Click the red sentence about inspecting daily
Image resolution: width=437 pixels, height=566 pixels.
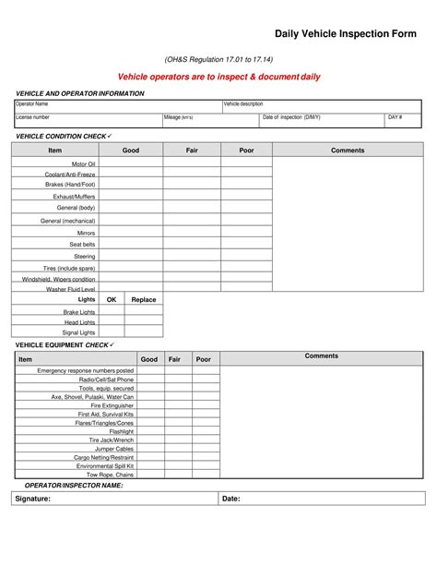point(218,77)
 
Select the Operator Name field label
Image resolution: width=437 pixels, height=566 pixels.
point(31,104)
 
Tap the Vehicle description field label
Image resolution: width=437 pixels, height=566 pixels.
point(243,104)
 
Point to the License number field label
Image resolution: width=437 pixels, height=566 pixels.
point(33,118)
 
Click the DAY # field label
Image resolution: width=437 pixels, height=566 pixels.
point(395,118)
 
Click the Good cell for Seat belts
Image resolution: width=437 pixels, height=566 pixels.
point(131,244)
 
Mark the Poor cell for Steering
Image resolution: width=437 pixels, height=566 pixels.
point(246,256)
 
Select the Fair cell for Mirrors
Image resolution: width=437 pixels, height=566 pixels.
point(192,233)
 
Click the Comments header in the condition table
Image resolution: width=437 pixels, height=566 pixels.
point(348,150)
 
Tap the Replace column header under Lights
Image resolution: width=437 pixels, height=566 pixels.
point(144,299)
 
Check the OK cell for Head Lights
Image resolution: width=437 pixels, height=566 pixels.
point(112,322)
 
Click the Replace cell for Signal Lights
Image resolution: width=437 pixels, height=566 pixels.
point(144,332)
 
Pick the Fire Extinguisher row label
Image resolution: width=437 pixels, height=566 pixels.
point(112,405)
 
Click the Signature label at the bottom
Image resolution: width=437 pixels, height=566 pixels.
point(34,499)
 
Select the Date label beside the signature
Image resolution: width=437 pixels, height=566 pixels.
point(231,499)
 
